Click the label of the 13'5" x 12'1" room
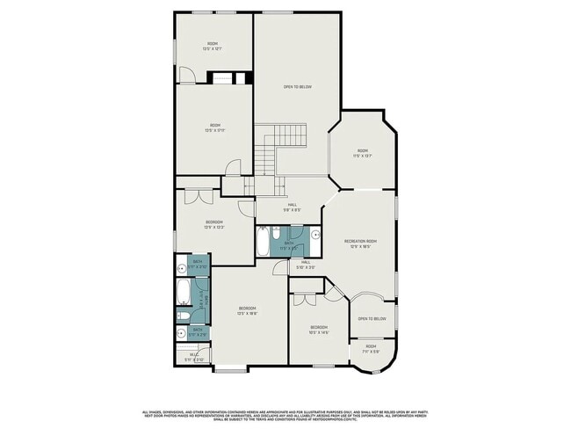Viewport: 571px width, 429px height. tap(213, 46)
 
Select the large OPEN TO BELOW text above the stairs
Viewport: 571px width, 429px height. tap(297, 86)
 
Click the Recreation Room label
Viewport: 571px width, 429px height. tap(360, 244)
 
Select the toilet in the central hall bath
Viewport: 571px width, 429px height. tap(277, 235)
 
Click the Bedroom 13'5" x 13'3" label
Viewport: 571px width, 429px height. tap(214, 224)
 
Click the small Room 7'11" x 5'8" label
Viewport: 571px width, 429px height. tap(371, 349)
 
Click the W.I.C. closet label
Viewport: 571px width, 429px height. tap(194, 357)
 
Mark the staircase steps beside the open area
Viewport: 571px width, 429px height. tap(287, 137)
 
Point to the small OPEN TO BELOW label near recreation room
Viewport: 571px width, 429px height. tap(372, 318)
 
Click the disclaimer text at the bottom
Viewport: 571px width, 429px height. tap(285, 415)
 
